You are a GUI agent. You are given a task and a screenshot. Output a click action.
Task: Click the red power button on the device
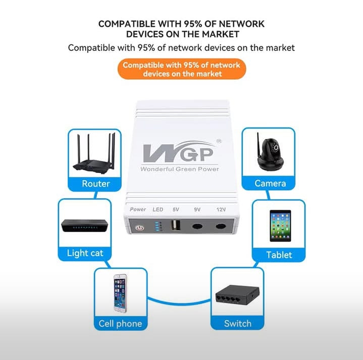coord(140,228)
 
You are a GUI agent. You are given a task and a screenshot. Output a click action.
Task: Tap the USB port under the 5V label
coord(176,225)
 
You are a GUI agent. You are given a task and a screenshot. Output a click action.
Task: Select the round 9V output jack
coord(197,226)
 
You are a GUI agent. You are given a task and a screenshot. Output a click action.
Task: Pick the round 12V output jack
coord(221,226)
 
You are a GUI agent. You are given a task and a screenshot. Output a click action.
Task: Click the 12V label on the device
coord(221,209)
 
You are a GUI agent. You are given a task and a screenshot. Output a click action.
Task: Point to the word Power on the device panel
coord(138,209)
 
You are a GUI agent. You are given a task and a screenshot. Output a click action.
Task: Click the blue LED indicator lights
coord(158,226)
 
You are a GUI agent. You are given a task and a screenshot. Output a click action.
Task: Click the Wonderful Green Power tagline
coord(180,169)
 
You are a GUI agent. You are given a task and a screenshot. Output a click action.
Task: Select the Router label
coord(95,184)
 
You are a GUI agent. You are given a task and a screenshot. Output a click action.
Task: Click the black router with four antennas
coord(94,153)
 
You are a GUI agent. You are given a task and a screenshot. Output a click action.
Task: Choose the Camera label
coord(270,184)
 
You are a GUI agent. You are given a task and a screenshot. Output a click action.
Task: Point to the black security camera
coord(270,152)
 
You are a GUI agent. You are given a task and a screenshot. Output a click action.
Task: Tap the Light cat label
coord(85,253)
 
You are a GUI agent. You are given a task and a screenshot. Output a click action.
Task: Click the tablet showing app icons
coord(280,226)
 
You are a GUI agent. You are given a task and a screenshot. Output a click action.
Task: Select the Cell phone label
coord(120,324)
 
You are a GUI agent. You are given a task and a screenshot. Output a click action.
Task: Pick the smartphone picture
coord(120,293)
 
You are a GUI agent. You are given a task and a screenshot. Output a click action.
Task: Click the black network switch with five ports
coord(237,294)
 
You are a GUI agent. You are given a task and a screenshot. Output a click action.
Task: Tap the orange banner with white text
coord(182,69)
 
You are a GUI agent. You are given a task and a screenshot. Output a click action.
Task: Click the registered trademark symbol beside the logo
coord(219,141)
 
